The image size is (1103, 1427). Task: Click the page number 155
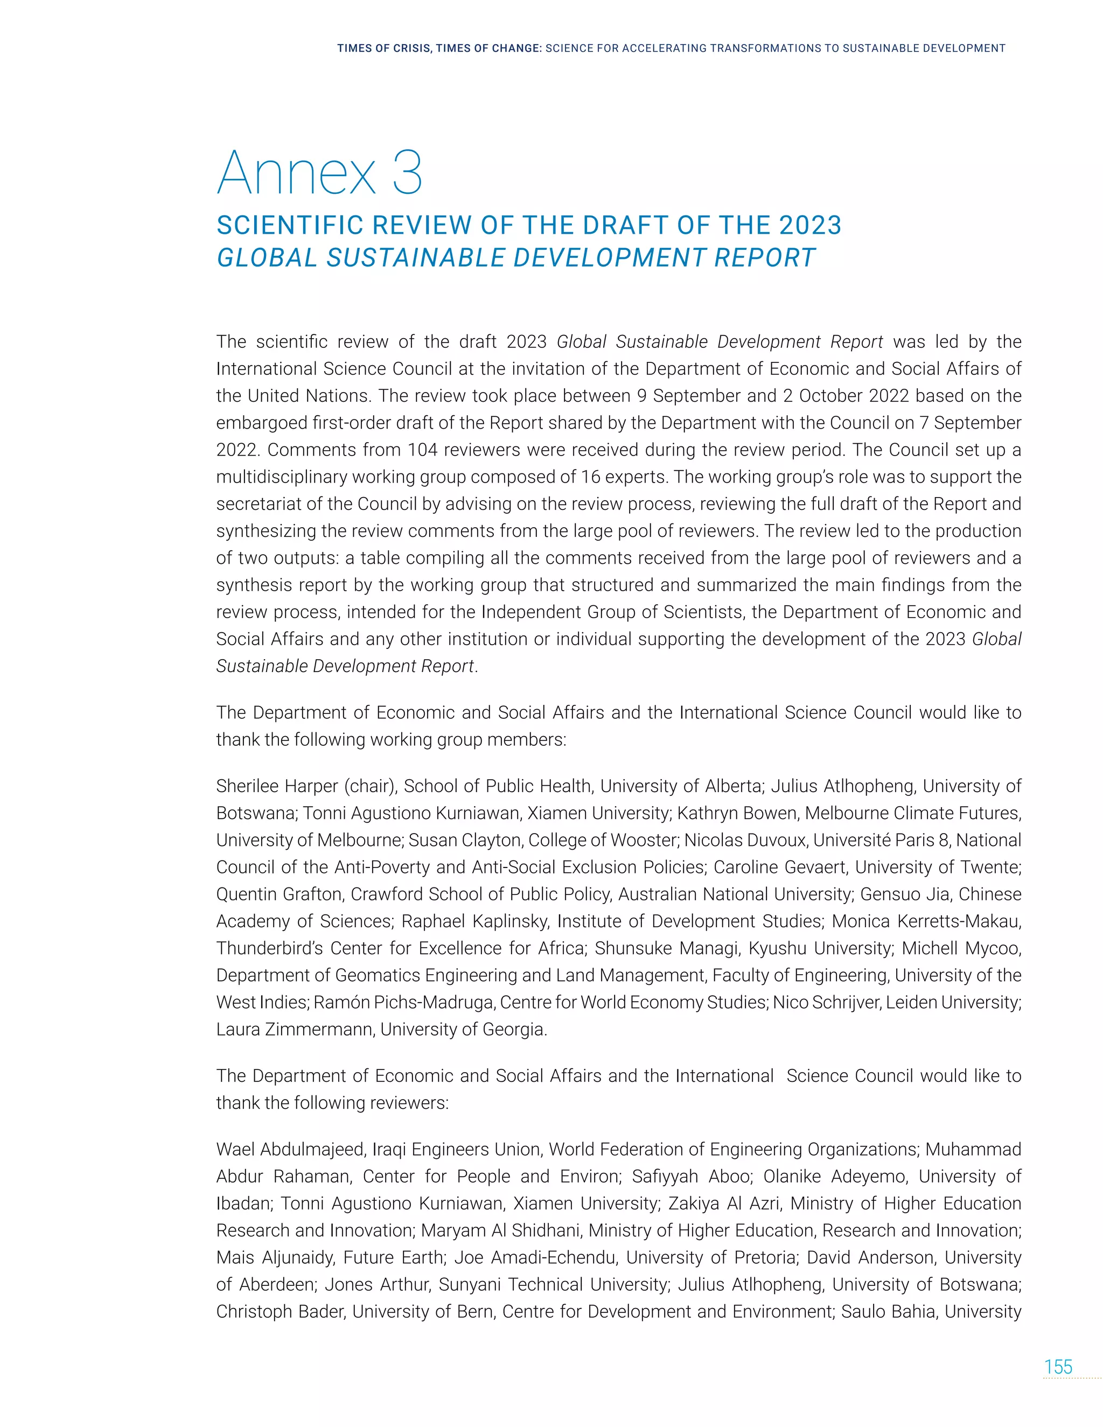pyautogui.click(x=1058, y=1367)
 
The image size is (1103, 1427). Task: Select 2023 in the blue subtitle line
pyautogui.click(x=809, y=226)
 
